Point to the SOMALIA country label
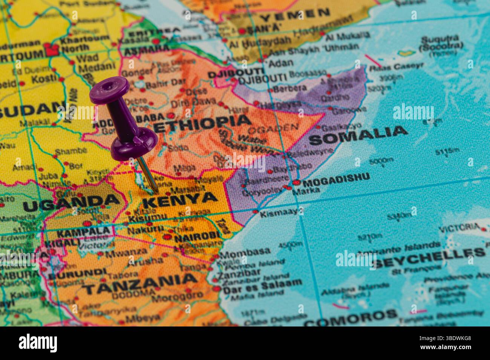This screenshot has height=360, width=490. click(x=358, y=134)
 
